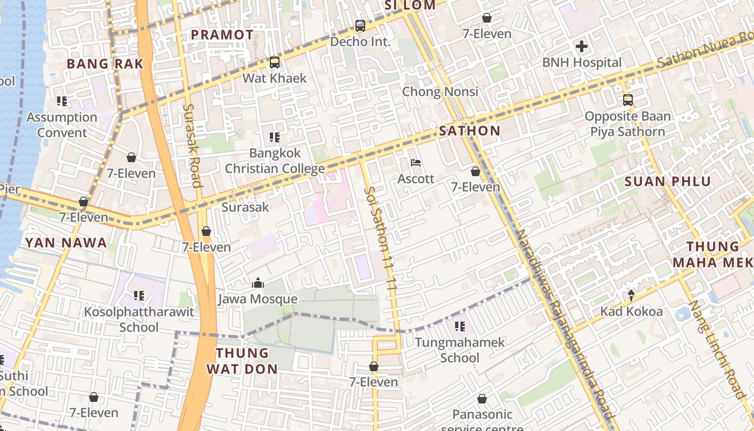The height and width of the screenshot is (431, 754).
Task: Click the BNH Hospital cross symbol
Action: pyautogui.click(x=582, y=46)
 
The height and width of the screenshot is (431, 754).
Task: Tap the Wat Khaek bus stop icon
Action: pyautogui.click(x=275, y=62)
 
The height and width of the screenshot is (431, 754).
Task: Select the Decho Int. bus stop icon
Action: pyautogui.click(x=360, y=25)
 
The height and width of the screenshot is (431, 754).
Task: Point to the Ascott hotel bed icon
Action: pyautogui.click(x=416, y=163)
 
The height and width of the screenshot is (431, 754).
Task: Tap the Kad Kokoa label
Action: pyautogui.click(x=631, y=311)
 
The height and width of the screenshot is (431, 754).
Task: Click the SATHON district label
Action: pyautogui.click(x=470, y=131)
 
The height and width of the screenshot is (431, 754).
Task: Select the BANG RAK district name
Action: pyautogui.click(x=105, y=64)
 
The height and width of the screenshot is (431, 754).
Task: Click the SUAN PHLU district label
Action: pyautogui.click(x=668, y=182)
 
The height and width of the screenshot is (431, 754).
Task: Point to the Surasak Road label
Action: pyautogui.click(x=192, y=145)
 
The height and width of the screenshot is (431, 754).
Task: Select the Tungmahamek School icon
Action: pyautogui.click(x=459, y=326)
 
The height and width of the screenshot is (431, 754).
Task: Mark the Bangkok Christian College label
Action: pyautogui.click(x=275, y=161)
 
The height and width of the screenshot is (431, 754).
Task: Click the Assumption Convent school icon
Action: pyautogui.click(x=62, y=101)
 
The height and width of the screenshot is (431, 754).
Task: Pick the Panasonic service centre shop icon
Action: pyautogui.click(x=482, y=399)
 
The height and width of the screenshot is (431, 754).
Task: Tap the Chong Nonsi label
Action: pyautogui.click(x=440, y=92)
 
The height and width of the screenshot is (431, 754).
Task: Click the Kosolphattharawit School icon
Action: pyautogui.click(x=139, y=296)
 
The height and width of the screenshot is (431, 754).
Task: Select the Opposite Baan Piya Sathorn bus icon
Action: pyautogui.click(x=628, y=100)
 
